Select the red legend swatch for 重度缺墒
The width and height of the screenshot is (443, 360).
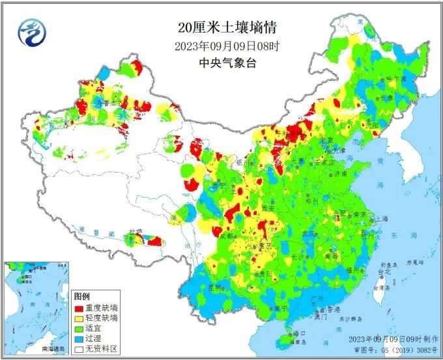[x=79, y=308]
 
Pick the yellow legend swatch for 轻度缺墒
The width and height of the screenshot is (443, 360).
[x=79, y=318]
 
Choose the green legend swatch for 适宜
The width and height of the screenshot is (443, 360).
[x=79, y=328]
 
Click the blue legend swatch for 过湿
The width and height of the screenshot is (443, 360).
[x=79, y=339]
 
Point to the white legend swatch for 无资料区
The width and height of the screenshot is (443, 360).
[x=79, y=349]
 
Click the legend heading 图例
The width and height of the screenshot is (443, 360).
[x=81, y=297]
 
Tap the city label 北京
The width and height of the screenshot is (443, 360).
[x=326, y=141]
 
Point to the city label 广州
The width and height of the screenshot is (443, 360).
[x=319, y=298]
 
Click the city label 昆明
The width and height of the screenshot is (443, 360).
[x=216, y=286]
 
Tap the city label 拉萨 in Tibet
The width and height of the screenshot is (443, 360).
[x=135, y=232]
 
